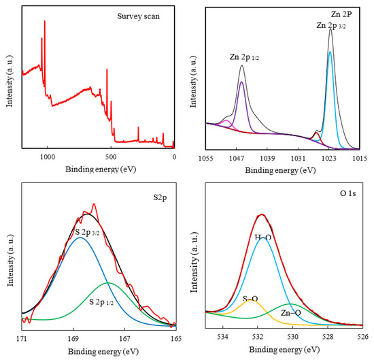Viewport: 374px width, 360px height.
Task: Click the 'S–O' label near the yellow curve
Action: pyautogui.click(x=250, y=298)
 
